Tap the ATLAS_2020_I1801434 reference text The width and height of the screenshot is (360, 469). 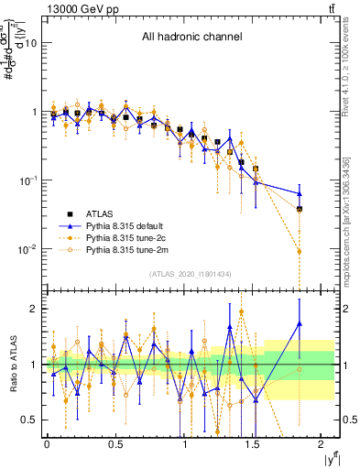point(191,274)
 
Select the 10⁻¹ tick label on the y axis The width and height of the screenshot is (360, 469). point(27,180)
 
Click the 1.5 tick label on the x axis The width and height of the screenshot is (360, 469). point(255,445)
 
